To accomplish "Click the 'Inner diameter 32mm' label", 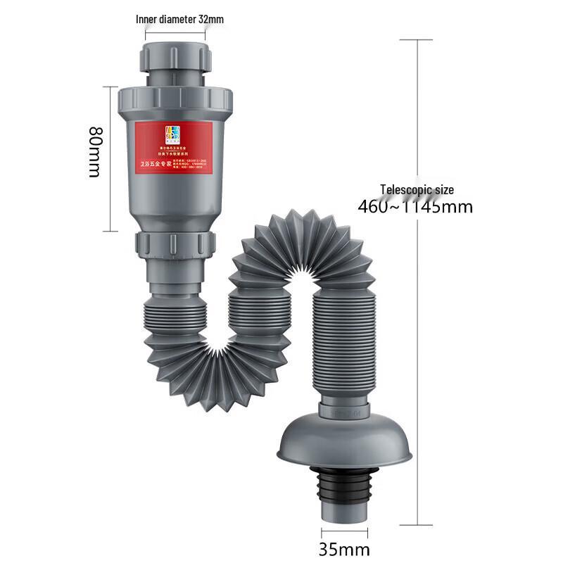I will click(179, 19).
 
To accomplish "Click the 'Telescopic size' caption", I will click(417, 189).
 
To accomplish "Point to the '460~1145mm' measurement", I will click(415, 207).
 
